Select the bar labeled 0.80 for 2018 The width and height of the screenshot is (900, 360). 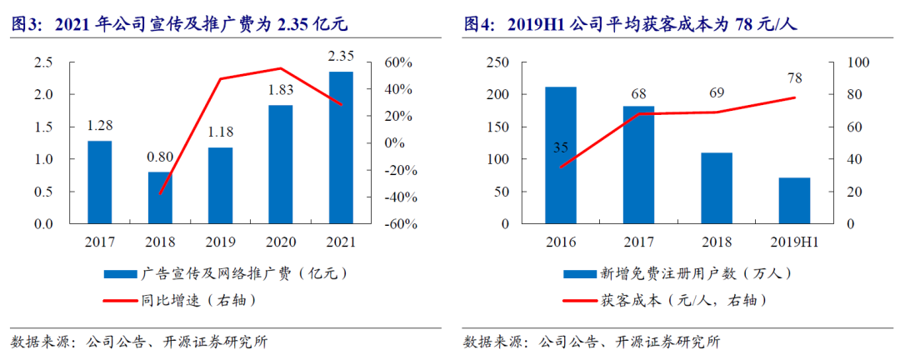tap(159, 197)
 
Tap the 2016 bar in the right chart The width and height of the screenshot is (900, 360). tap(560, 155)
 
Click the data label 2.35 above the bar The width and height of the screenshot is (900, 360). tap(341, 57)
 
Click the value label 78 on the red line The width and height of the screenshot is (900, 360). tap(794, 78)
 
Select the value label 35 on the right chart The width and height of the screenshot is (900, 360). tap(560, 148)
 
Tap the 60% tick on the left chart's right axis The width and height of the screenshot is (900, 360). tap(395, 62)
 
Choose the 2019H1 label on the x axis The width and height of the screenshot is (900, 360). tap(793, 242)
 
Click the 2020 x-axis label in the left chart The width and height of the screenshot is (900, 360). tap(281, 242)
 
